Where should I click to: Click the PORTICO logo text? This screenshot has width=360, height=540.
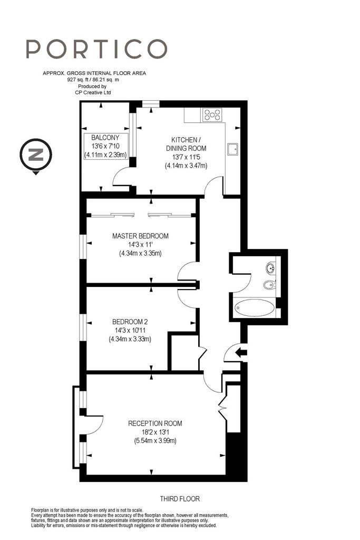pos(96,49)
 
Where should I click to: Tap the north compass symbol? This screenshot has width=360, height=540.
pos(36,155)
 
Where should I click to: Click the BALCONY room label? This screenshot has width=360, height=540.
pos(105,138)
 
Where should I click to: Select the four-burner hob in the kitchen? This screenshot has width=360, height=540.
pos(212,114)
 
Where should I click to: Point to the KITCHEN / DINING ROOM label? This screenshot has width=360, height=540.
pos(186,144)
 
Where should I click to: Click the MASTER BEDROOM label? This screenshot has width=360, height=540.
pos(140,236)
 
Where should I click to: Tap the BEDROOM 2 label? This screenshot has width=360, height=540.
pos(130,322)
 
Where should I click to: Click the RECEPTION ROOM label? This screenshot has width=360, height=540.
pos(155,423)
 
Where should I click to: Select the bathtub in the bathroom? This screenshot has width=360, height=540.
pos(255,307)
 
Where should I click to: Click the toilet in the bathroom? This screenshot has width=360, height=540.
pos(269,285)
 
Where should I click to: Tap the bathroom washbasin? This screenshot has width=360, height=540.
pos(270,267)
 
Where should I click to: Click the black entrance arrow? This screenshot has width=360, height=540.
pos(241,352)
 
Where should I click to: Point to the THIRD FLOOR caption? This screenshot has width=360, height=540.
pos(180,499)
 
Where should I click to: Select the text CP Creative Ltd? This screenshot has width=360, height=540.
pos(93,92)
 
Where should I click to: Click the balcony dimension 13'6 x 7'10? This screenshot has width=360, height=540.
pos(105,146)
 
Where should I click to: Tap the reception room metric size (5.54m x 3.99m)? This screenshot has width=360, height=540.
pos(155,440)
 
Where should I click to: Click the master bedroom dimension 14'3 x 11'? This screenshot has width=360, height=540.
pos(140,245)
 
